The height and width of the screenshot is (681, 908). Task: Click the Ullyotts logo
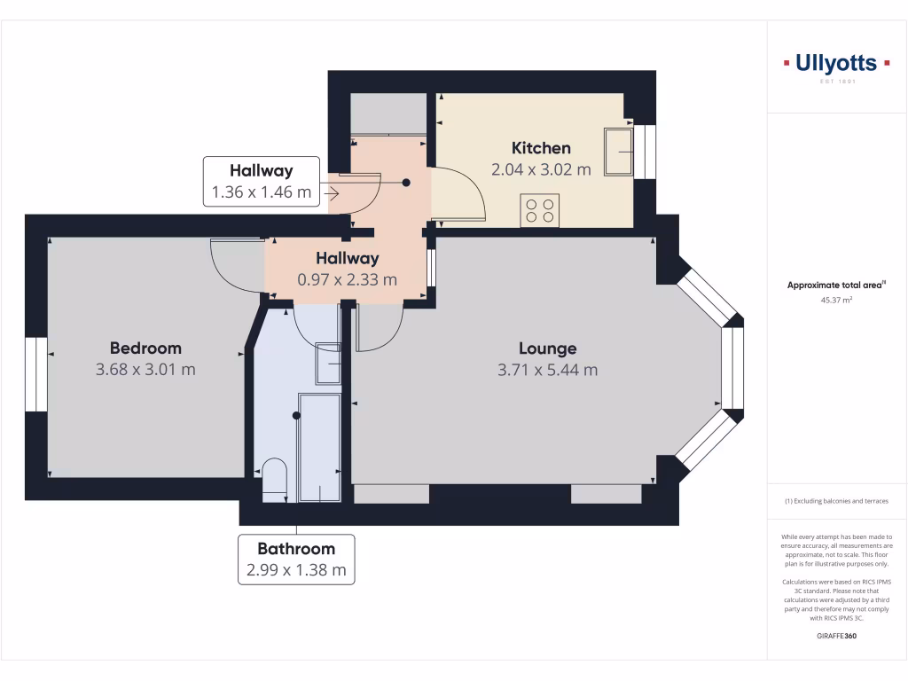[836, 64]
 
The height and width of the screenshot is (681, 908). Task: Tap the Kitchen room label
[541, 148]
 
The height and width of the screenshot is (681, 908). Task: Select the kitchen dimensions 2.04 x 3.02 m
[541, 169]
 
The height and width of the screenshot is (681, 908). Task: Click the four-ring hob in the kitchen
[539, 210]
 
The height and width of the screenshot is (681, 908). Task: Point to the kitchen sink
[618, 153]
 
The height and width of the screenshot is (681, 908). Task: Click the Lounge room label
[547, 348]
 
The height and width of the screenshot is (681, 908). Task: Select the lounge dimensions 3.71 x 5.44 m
[547, 370]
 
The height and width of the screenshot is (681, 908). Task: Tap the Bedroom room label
[145, 348]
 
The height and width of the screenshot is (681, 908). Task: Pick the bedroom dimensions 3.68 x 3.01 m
[145, 369]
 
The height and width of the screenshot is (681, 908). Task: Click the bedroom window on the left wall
[35, 374]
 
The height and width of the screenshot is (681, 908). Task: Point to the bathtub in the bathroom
[318, 448]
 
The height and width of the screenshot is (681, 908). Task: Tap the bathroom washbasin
[328, 364]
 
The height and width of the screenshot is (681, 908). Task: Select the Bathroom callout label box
[296, 560]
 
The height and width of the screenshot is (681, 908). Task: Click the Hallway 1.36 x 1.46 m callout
[261, 182]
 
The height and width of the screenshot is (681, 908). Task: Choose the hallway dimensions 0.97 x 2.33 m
[348, 279]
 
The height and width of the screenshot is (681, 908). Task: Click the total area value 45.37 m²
[836, 300]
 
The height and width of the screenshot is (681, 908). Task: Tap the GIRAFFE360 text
[836, 636]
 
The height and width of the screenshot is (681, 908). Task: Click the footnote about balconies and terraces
[836, 502]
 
